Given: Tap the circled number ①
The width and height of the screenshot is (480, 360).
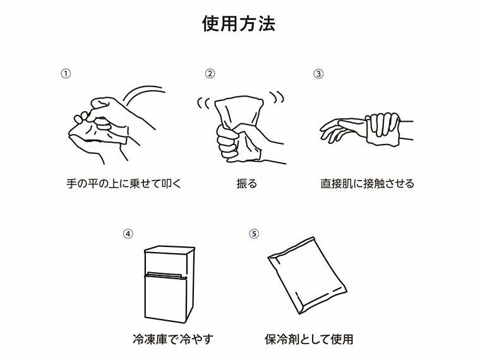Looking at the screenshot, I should [65, 73].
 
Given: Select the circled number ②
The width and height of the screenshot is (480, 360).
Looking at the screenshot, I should [210, 73].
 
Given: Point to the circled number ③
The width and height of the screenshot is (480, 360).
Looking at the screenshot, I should [318, 73].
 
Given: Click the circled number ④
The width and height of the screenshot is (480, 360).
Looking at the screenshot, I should [128, 233].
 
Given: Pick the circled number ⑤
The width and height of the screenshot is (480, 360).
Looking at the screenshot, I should [254, 233].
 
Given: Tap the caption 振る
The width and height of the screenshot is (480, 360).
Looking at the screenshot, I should [244, 184].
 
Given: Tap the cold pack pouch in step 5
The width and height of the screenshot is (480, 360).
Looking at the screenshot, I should [308, 275].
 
